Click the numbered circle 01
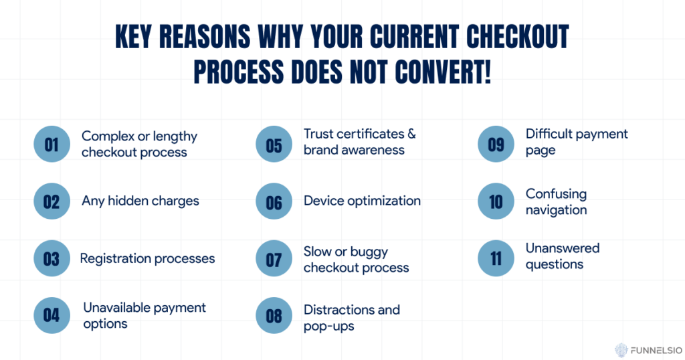point(52,144)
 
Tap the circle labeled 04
point(52,315)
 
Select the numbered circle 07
point(274,258)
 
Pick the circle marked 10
point(496,201)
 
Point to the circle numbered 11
point(496,258)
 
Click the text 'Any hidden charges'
point(140,201)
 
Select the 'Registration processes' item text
point(147,259)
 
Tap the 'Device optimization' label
point(362,201)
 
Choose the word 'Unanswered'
point(562,248)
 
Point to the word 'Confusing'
point(556,194)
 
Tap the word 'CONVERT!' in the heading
point(443,72)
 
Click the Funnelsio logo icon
point(621,351)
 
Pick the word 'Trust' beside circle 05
point(319,134)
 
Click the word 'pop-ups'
point(329,327)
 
